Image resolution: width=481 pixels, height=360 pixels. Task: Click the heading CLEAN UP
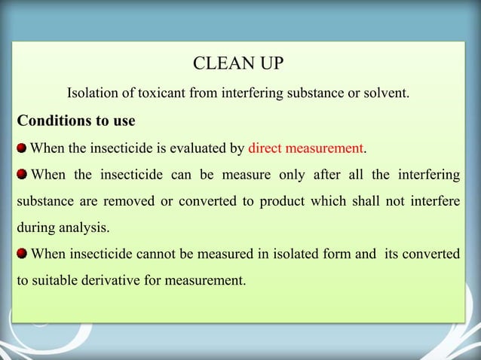point(239,63)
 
